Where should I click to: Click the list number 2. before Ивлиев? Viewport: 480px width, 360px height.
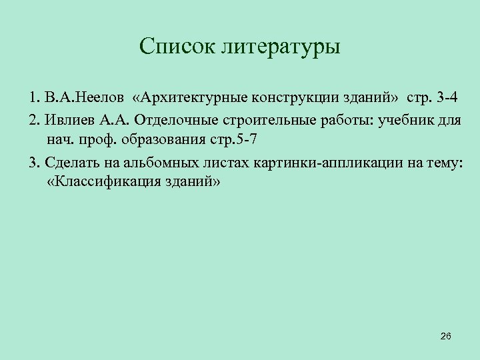(x=35, y=119)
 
